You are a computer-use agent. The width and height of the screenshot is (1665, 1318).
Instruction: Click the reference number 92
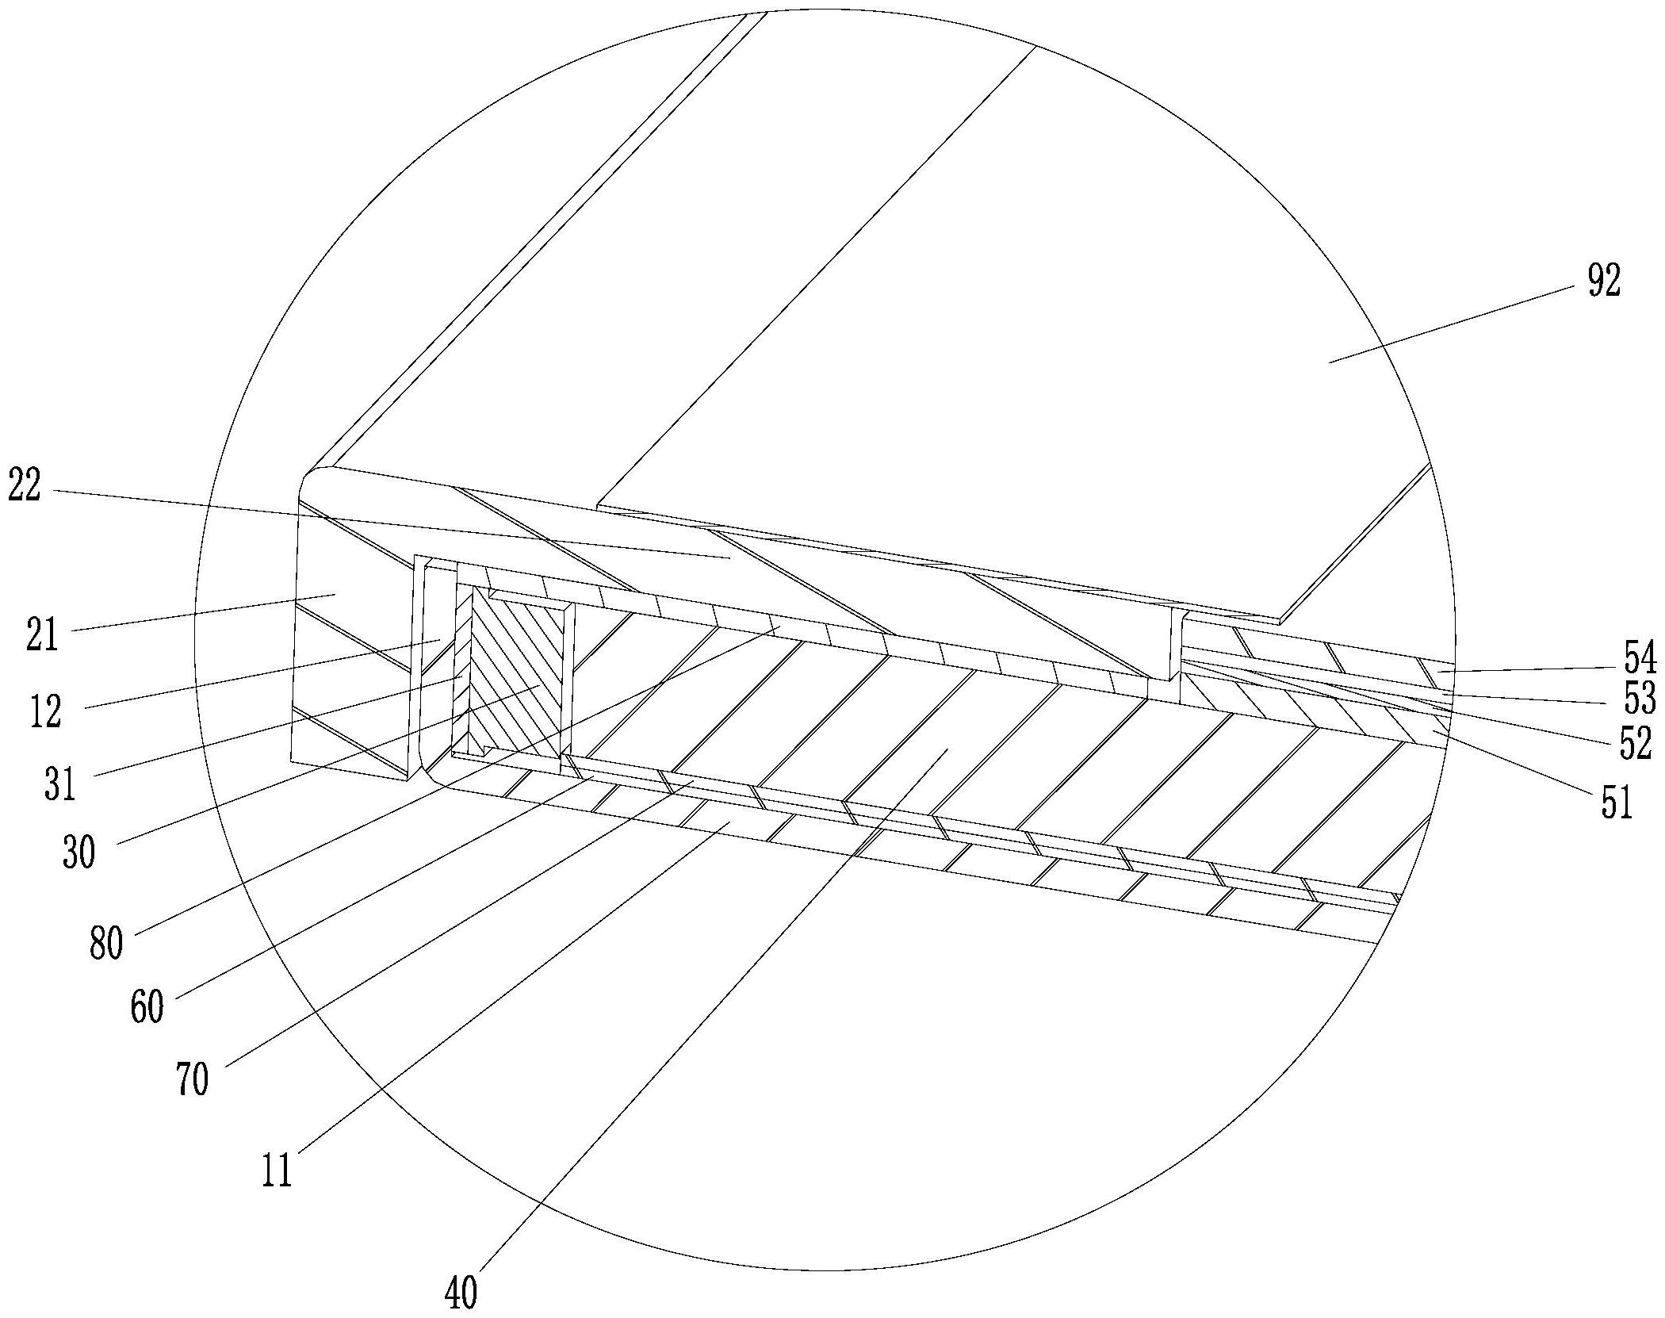point(1603,281)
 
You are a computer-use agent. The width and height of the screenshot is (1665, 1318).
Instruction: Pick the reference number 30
point(78,852)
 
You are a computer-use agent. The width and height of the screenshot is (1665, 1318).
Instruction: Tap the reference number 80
point(105,943)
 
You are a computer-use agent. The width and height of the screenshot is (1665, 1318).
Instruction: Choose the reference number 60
point(147,1006)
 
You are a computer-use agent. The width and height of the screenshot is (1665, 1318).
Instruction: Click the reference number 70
point(193,1079)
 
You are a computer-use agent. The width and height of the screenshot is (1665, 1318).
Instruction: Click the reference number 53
point(1639,700)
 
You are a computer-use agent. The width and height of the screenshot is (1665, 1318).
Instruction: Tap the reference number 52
point(1636,743)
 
